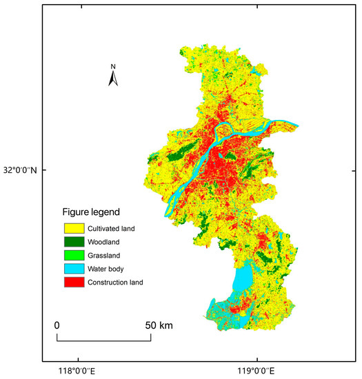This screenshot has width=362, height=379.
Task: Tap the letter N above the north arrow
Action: (114, 67)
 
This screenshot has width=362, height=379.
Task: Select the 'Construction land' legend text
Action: (118, 282)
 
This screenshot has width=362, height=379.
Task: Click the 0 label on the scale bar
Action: (57, 325)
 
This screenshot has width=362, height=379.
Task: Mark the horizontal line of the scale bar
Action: (103, 340)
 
